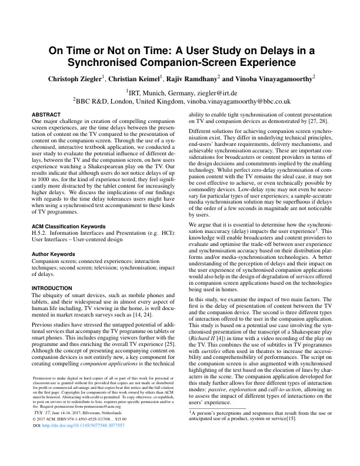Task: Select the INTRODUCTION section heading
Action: [x=54, y=288]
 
